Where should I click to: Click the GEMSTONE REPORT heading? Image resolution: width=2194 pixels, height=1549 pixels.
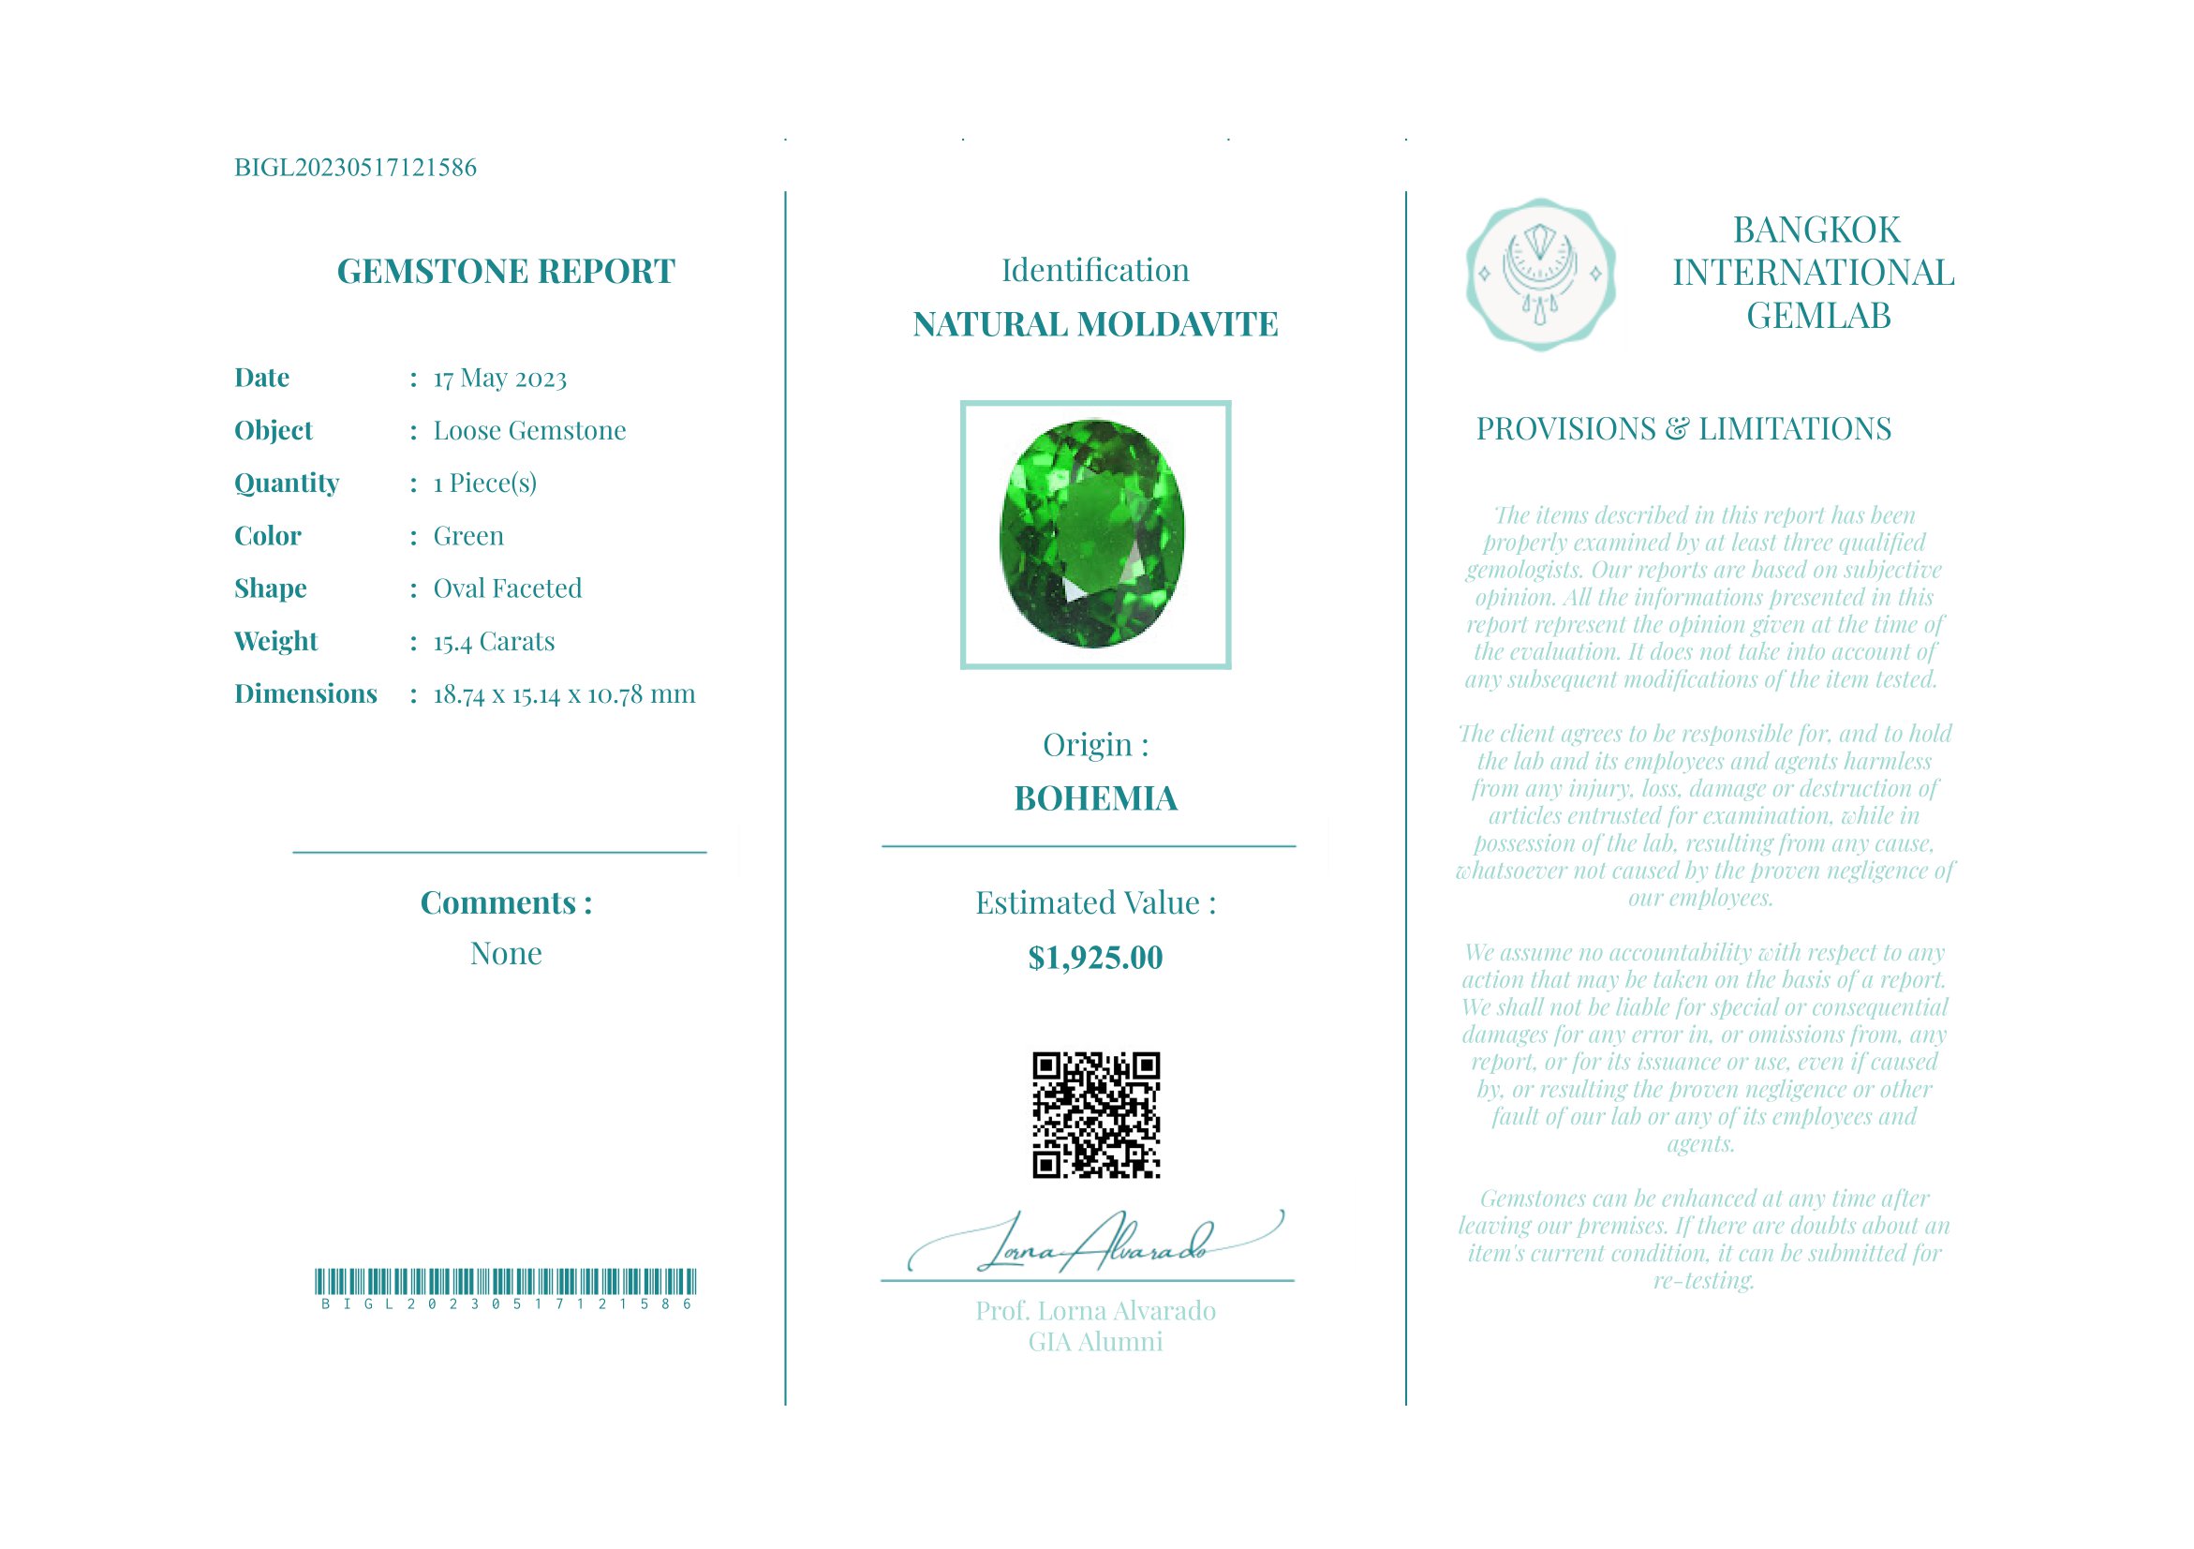point(506,272)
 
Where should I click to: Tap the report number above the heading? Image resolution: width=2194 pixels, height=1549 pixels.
point(355,168)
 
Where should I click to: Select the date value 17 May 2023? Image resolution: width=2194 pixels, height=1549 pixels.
point(499,379)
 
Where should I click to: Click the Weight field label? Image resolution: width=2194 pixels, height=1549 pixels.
point(275,641)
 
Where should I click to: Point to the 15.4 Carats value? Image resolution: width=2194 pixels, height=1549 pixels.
point(494,641)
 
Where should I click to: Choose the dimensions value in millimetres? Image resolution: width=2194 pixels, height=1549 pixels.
point(564,693)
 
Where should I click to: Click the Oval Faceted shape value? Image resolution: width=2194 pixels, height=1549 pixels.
point(508,588)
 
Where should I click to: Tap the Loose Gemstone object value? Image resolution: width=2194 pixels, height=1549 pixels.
point(529,431)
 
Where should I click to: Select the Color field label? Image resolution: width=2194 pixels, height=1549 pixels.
point(268,536)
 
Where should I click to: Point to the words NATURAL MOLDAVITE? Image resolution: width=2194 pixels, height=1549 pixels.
point(1095,325)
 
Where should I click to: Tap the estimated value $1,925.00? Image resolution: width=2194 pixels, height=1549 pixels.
point(1095,958)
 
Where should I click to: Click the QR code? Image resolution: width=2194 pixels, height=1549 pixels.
point(1095,1115)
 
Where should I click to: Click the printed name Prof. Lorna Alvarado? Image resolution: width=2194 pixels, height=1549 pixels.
point(1095,1311)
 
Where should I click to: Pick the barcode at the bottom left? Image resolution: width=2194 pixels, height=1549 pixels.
point(506,1281)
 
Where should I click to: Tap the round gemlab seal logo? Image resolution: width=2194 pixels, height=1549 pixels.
point(1540,275)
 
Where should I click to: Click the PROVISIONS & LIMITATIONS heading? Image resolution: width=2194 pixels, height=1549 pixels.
point(1683,429)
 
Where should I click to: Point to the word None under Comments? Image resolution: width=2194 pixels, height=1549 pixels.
point(506,954)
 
